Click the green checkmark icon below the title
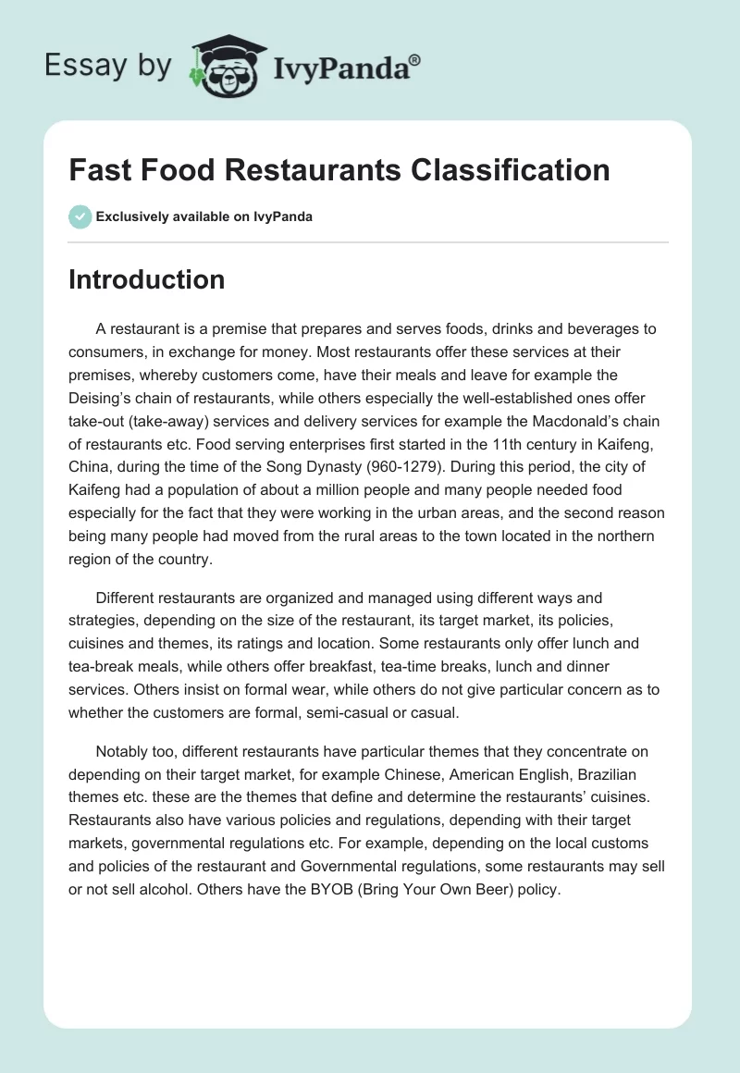[x=80, y=216]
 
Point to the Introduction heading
[x=146, y=279]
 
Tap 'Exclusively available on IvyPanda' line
[x=204, y=216]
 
